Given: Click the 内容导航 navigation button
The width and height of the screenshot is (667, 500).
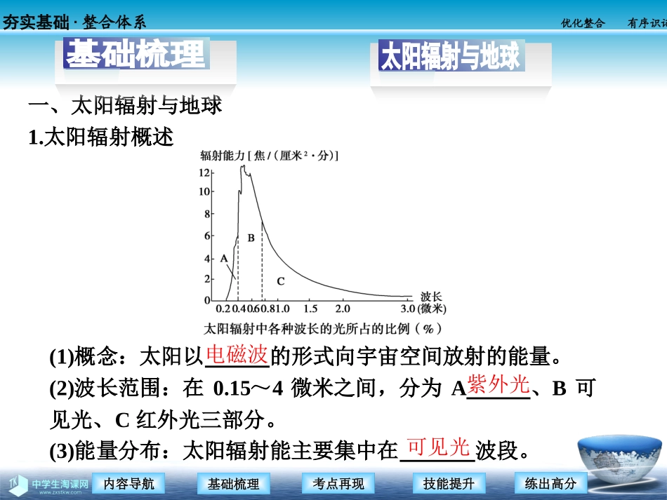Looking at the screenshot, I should coord(128,483).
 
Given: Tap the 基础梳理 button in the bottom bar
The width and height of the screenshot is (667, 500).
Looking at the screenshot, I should coord(234,483).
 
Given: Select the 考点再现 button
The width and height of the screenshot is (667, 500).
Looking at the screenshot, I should coord(338,483).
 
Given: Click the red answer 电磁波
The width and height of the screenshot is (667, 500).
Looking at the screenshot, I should coord(237,355).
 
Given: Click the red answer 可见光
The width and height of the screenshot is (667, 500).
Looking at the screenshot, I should coord(437,446).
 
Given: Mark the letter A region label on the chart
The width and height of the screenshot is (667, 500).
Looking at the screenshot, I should coord(223,258).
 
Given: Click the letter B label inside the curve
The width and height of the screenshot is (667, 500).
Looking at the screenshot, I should coord(251,238).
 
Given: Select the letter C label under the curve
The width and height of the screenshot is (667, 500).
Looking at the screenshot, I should coord(280,281).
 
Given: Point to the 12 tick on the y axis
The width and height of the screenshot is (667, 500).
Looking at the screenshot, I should coord(204,172).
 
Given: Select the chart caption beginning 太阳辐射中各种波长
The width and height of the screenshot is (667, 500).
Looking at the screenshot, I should coord(323,328).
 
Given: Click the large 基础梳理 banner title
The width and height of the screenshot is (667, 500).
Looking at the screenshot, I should coord(136,53).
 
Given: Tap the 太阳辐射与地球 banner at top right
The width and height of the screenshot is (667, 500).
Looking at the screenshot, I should coord(450,57).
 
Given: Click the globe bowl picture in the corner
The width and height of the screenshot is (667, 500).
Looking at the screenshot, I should coord(619,463).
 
